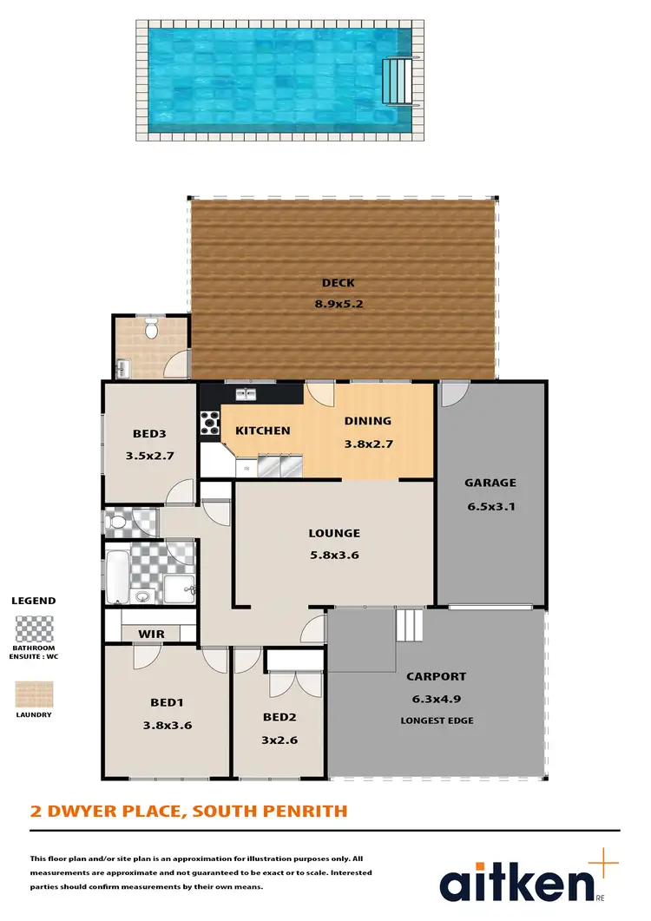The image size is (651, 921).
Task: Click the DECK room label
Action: pyautogui.click(x=338, y=283)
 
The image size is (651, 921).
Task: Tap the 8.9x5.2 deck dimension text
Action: pyautogui.click(x=338, y=304)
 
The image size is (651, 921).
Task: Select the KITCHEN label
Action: pyautogui.click(x=262, y=431)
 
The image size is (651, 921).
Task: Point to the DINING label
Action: pyautogui.click(x=368, y=421)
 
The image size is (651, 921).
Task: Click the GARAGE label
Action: pyautogui.click(x=490, y=483)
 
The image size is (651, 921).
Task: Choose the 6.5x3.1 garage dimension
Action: pyautogui.click(x=490, y=506)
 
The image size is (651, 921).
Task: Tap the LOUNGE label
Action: pyautogui.click(x=334, y=533)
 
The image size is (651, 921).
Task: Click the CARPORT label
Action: pyautogui.click(x=437, y=676)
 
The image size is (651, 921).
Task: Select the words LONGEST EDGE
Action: pyautogui.click(x=437, y=720)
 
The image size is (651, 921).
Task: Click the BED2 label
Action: pyautogui.click(x=280, y=717)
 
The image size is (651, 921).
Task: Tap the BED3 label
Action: pyautogui.click(x=149, y=434)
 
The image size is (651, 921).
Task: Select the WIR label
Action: pyautogui.click(x=151, y=635)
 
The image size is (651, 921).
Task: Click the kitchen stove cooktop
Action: pyautogui.click(x=210, y=422)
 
